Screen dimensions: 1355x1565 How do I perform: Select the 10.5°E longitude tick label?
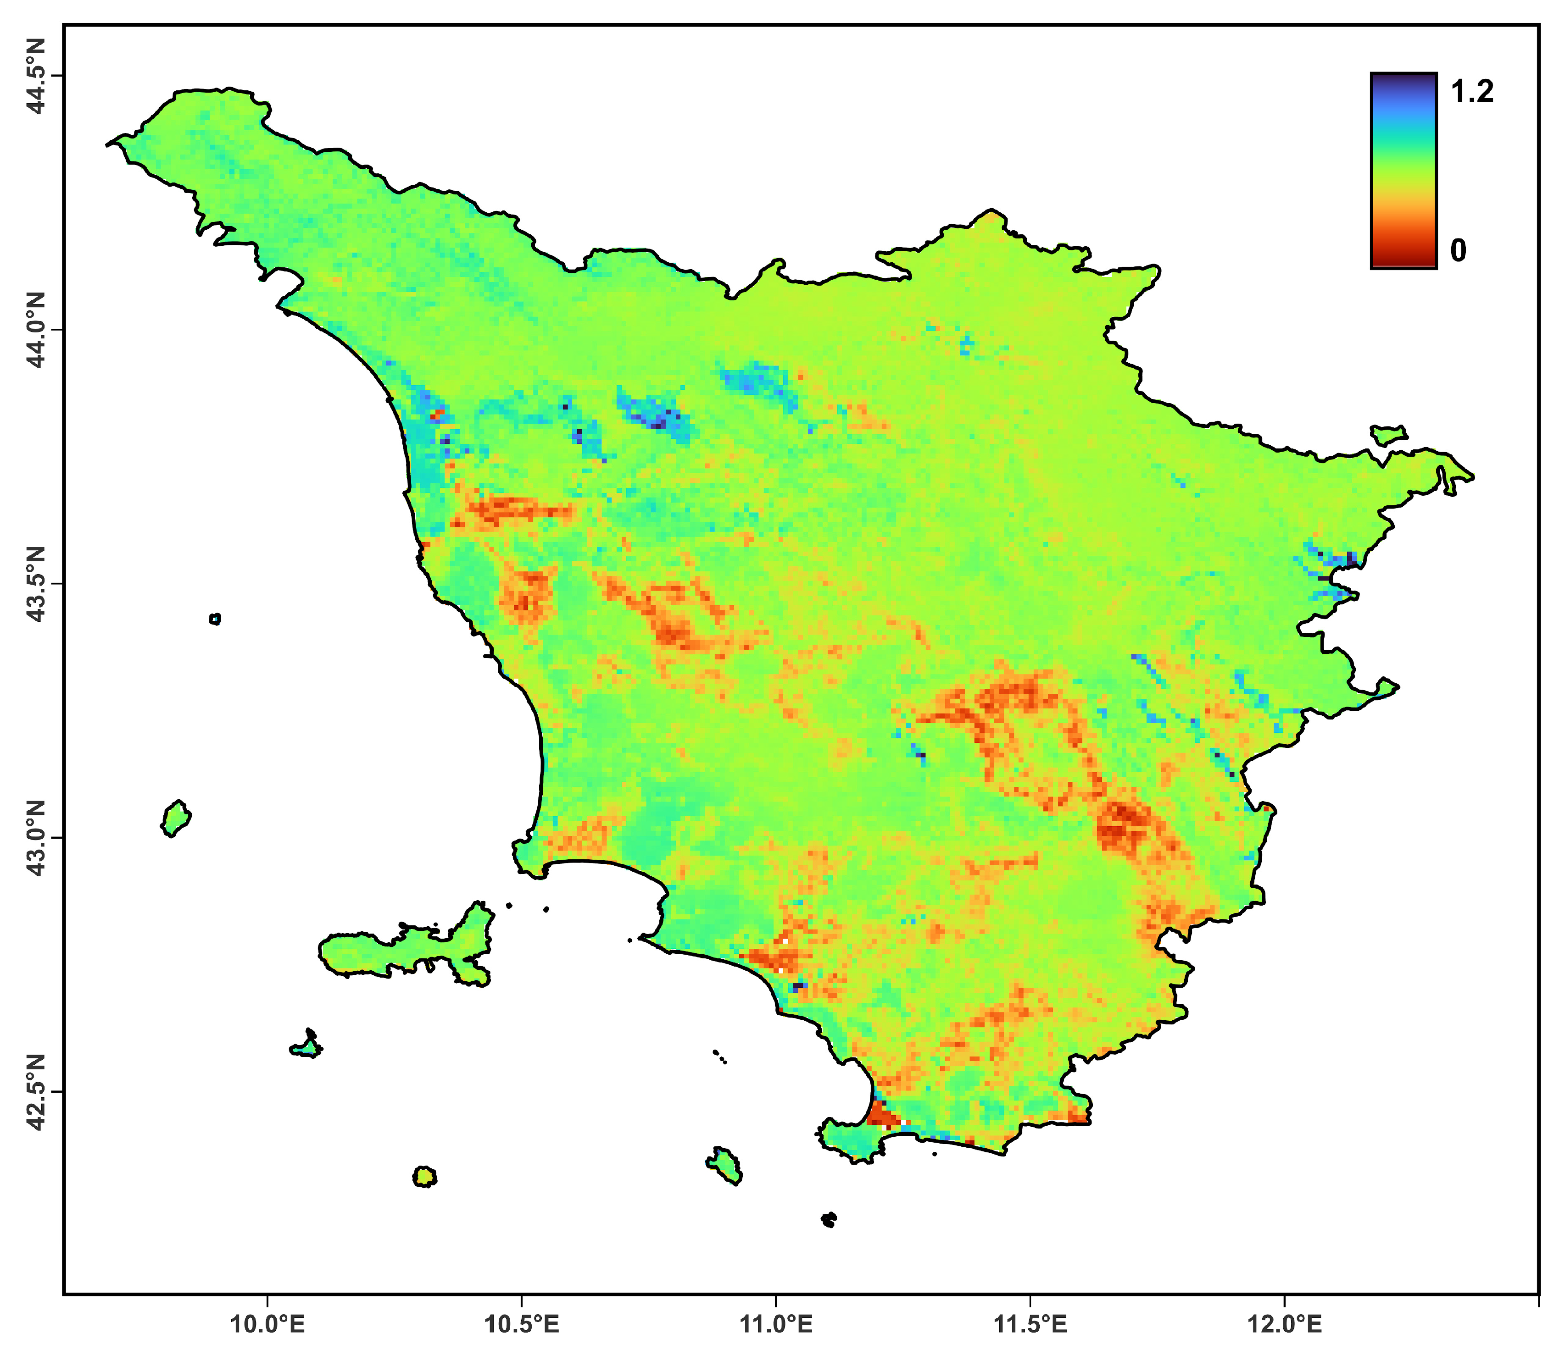(x=522, y=1323)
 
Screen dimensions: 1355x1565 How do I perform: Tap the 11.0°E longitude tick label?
(x=776, y=1323)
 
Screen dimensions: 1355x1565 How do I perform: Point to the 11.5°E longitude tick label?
(x=1030, y=1323)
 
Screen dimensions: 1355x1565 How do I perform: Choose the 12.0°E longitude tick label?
(x=1284, y=1323)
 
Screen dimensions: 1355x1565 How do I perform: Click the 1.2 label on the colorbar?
(x=1472, y=92)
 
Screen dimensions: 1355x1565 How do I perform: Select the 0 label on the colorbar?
(x=1459, y=251)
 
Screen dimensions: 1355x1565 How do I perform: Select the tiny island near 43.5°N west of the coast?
(x=215, y=619)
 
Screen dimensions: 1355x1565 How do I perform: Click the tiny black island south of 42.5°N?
(x=829, y=1219)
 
